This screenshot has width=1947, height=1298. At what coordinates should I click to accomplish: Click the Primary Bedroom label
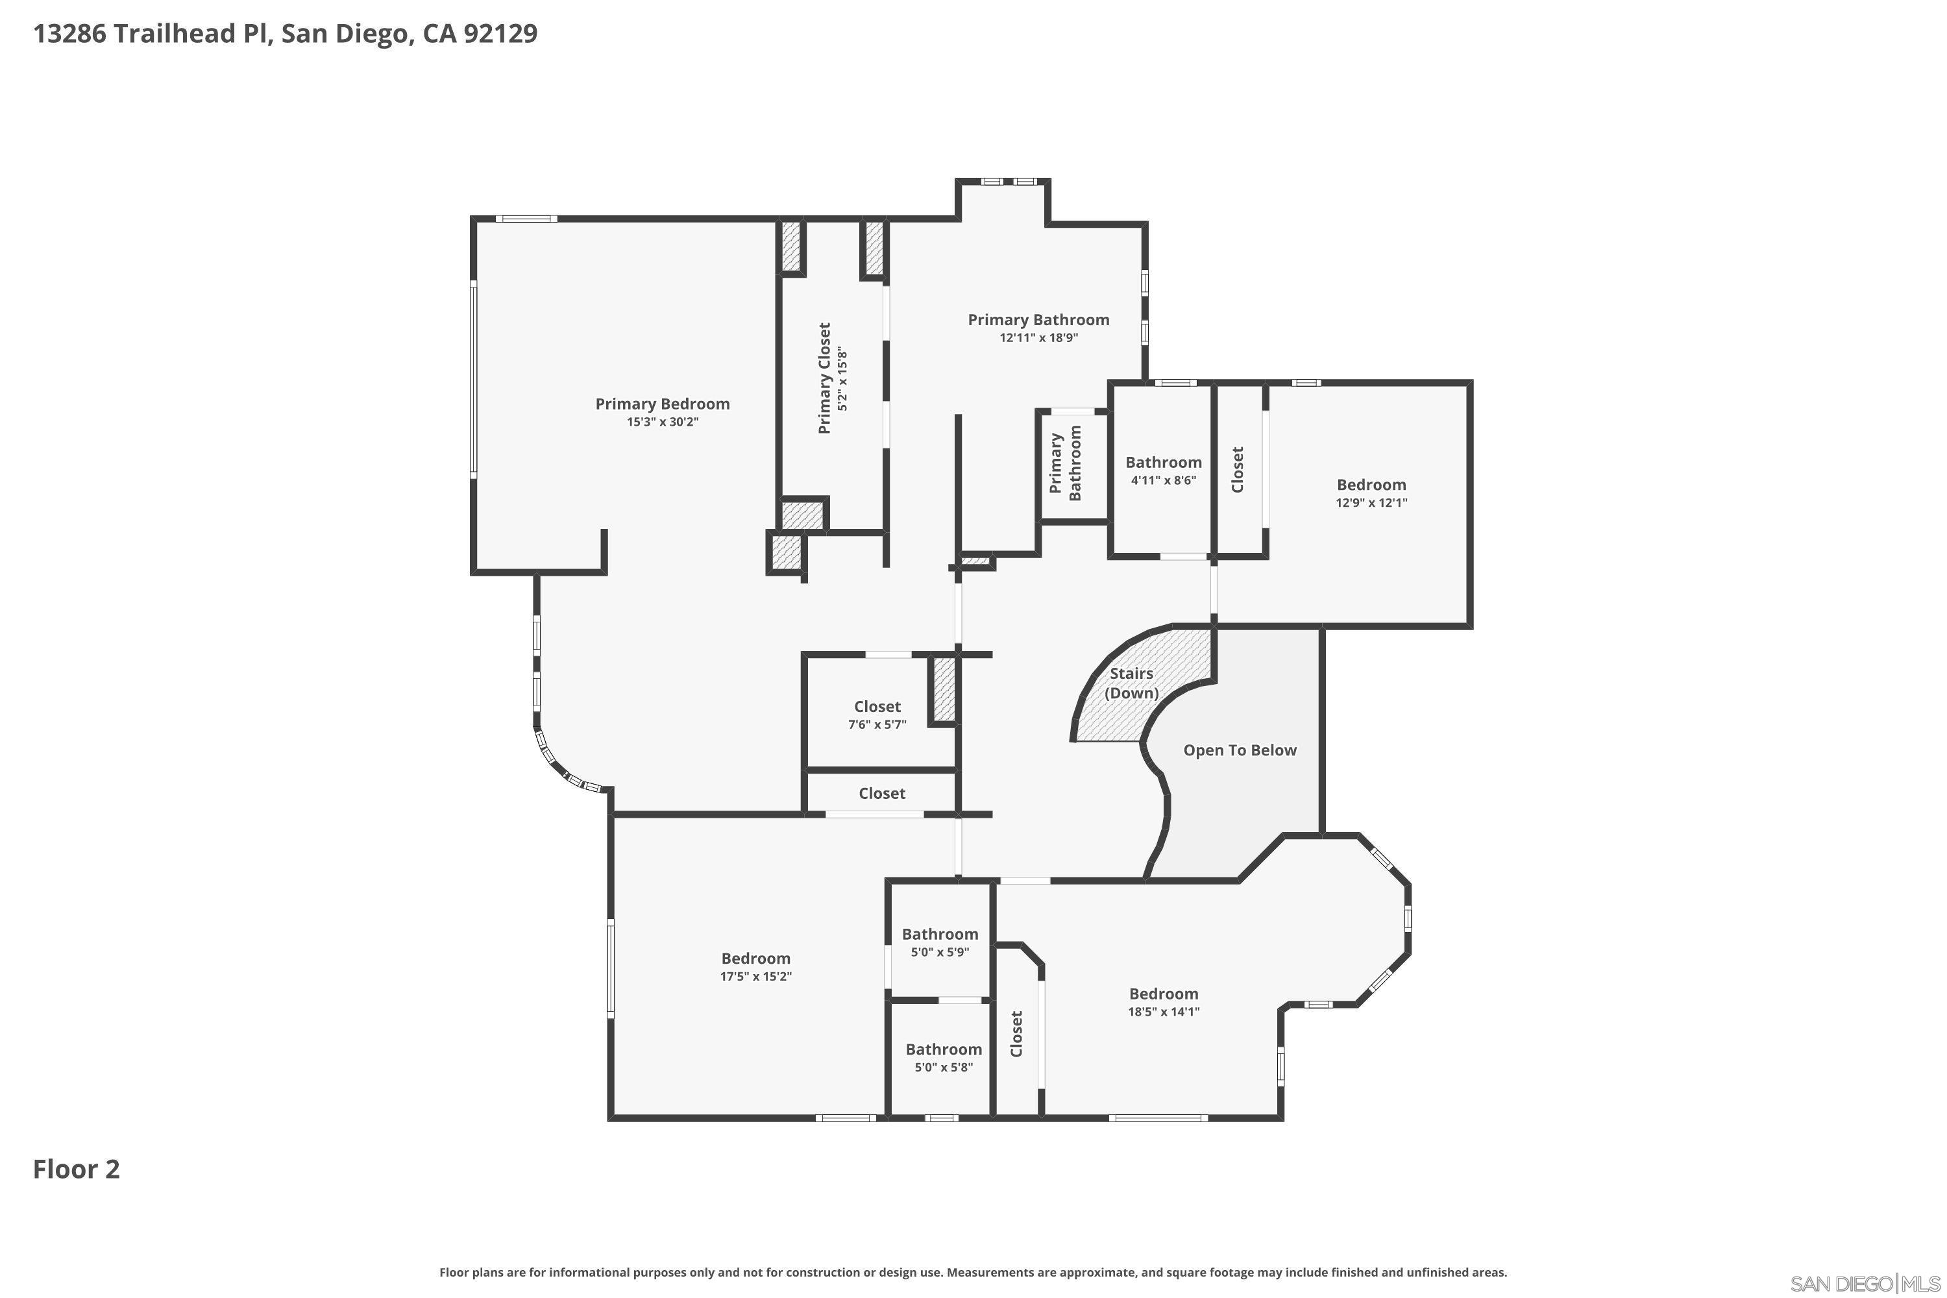pyautogui.click(x=662, y=404)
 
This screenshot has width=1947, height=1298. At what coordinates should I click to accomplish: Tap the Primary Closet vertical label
pyautogui.click(x=824, y=378)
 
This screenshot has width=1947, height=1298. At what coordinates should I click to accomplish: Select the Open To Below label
pyautogui.click(x=1239, y=750)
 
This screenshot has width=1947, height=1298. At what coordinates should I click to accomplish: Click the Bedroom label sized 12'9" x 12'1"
pyautogui.click(x=1371, y=485)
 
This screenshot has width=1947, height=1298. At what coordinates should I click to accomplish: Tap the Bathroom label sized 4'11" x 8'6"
pyautogui.click(x=1163, y=463)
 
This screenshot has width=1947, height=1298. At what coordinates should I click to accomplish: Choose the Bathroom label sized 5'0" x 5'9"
pyautogui.click(x=940, y=934)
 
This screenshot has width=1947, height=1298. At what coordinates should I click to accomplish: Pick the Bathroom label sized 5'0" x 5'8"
pyautogui.click(x=943, y=1049)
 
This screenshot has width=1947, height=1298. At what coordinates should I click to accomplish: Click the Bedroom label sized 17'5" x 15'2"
pyautogui.click(x=755, y=959)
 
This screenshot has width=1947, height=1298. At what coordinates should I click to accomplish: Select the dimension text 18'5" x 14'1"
pyautogui.click(x=1163, y=1012)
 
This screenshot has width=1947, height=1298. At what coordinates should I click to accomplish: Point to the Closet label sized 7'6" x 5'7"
pyautogui.click(x=877, y=706)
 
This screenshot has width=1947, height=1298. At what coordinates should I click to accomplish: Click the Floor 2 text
pyautogui.click(x=76, y=1169)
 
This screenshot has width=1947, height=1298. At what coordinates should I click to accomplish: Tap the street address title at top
pyautogui.click(x=285, y=34)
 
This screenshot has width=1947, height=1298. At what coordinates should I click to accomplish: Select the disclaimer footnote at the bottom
pyautogui.click(x=973, y=1272)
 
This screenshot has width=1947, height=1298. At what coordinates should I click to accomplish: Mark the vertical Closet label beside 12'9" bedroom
pyautogui.click(x=1238, y=470)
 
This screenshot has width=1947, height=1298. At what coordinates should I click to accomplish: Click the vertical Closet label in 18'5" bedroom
pyautogui.click(x=1016, y=1034)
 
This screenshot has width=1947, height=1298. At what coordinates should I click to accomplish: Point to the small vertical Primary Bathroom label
pyautogui.click(x=1066, y=463)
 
